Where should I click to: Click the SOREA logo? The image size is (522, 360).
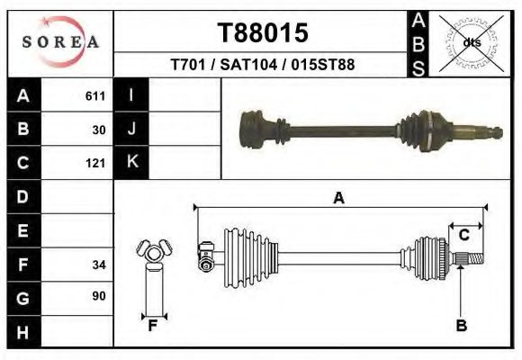[x=60, y=42]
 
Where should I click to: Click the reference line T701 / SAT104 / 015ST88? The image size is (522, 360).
[x=262, y=66]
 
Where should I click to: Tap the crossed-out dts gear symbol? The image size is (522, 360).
[x=472, y=42]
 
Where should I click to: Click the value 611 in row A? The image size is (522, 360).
[x=95, y=96]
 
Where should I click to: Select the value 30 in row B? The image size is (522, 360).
[x=99, y=130]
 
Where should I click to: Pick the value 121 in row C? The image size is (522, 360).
[x=95, y=163]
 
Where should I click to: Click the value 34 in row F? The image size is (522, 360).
[x=99, y=265]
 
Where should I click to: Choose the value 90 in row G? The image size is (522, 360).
[x=99, y=296]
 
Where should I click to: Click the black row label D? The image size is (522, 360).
[x=23, y=196]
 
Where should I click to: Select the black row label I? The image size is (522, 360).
[x=131, y=96]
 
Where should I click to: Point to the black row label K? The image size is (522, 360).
[x=131, y=163]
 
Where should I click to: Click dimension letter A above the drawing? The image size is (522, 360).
[x=338, y=198]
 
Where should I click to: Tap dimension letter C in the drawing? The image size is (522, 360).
[x=463, y=235]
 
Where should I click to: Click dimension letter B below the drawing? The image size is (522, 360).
[x=462, y=326]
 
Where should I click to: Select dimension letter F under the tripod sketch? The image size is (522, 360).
[x=153, y=326]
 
